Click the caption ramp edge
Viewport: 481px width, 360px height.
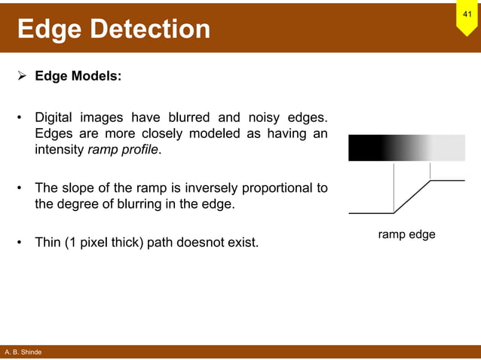click(x=406, y=235)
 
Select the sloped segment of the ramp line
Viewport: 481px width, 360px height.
click(x=412, y=196)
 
